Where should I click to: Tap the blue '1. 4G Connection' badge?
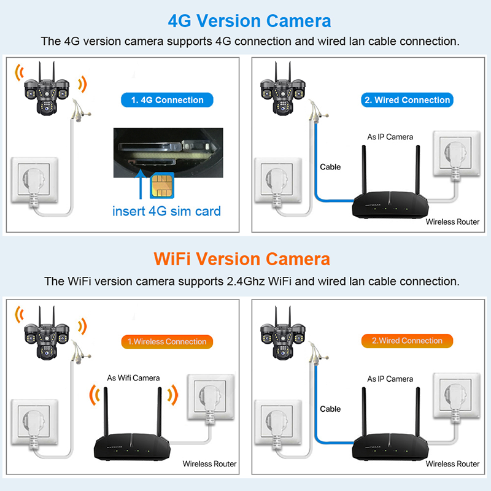tap(167, 100)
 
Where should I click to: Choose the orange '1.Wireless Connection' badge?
tap(167, 341)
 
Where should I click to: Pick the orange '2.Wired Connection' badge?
tap(407, 341)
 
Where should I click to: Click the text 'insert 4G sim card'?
tap(166, 211)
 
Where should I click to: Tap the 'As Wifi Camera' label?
tap(133, 378)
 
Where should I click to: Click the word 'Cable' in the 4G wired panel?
tap(330, 167)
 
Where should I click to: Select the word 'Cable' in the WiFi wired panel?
tap(330, 409)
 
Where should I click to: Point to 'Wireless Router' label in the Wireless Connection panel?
tap(209, 464)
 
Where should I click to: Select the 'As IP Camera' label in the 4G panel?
tap(390, 137)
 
